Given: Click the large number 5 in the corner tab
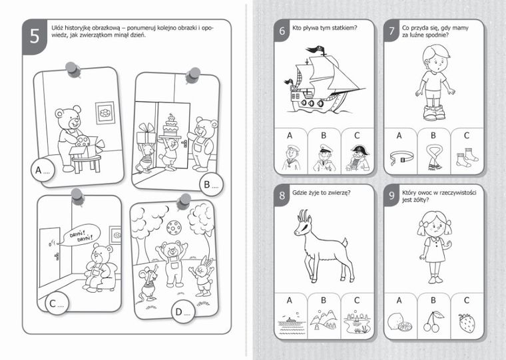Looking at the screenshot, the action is click(35, 36).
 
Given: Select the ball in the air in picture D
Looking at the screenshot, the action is click(174, 228).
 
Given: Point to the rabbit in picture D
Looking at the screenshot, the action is click(202, 275).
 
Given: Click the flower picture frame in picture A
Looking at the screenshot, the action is click(105, 112).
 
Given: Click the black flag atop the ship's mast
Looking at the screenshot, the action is click(316, 49).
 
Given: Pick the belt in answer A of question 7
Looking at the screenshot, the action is click(401, 158).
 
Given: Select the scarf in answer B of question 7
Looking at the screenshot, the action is click(433, 158).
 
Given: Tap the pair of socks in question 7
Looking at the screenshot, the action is click(467, 157).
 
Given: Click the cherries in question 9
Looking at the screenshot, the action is click(432, 321).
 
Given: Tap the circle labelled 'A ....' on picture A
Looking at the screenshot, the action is click(43, 170).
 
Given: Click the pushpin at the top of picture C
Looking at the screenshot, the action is click(78, 196).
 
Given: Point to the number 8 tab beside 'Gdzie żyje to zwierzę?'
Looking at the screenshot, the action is click(282, 195).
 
